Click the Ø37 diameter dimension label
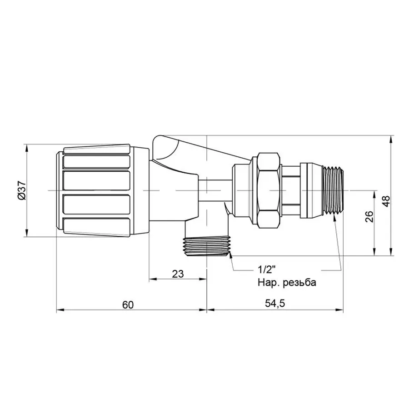[x=21, y=191]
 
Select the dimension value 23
[x=178, y=274]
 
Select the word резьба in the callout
[x=299, y=282]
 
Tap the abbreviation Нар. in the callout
[x=268, y=282]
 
